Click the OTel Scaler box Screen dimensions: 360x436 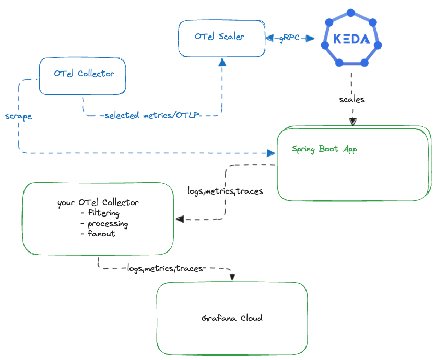point(221,38)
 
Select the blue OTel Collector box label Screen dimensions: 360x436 point(84,74)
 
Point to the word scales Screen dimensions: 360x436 point(352,99)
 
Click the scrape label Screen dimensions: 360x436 point(19,116)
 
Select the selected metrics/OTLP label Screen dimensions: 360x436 point(152,115)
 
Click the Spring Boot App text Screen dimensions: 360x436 point(324,149)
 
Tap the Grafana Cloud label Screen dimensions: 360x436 point(232,318)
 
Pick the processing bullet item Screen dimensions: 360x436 point(104,223)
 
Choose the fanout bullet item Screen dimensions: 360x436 point(98,234)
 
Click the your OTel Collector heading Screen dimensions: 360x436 point(98,202)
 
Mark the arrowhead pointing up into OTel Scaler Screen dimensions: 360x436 point(222,62)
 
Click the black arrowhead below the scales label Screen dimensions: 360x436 point(353,122)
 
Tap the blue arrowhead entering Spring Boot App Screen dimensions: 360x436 point(270,153)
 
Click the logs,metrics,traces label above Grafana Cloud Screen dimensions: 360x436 point(165,268)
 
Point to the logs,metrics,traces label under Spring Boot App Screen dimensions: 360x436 point(225,191)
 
